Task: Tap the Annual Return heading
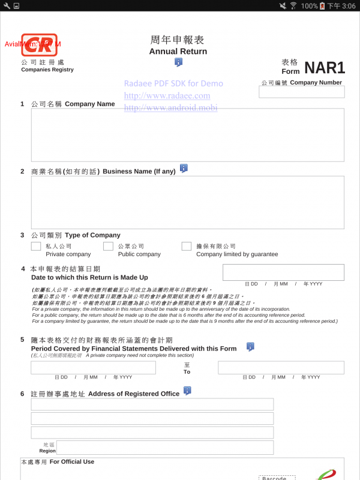[178, 52]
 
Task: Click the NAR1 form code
[324, 68]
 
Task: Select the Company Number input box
[302, 92]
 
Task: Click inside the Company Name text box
[187, 135]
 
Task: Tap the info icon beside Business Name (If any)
[184, 169]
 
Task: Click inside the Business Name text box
[187, 202]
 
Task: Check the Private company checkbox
[36, 246]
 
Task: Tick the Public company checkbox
[108, 246]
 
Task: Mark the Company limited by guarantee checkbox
[187, 246]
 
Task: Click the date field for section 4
[283, 272]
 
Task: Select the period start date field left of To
[93, 368]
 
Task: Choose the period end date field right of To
[281, 368]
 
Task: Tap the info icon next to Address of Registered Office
[187, 391]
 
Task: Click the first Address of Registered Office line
[152, 404]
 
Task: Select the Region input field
[164, 448]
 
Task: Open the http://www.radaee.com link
[167, 96]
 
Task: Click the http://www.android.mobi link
[170, 108]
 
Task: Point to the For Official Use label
[71, 462]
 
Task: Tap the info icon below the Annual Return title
[178, 62]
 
